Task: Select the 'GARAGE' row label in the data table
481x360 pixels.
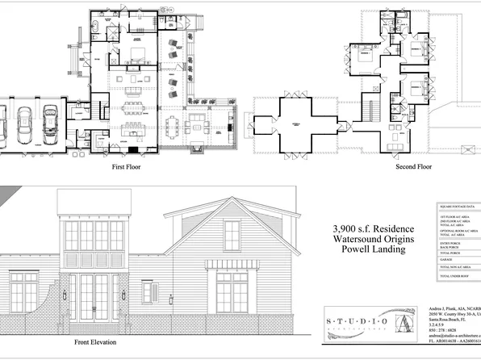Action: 446,259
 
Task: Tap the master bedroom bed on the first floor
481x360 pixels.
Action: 134,54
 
